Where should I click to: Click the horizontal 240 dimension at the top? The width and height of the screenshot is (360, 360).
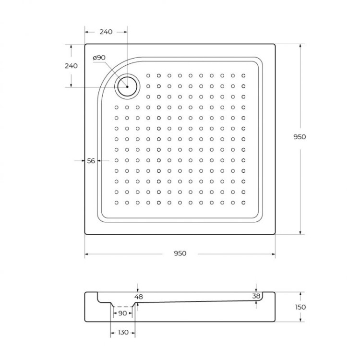[x=106, y=32]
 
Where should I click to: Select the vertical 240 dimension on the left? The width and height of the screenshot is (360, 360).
[x=71, y=66]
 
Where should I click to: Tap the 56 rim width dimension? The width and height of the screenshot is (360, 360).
[x=91, y=161]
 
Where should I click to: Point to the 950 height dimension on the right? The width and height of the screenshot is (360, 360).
[x=300, y=137]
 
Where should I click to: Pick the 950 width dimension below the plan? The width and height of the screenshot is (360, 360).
[x=180, y=253]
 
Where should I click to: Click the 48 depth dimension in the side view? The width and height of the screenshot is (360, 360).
[x=139, y=297]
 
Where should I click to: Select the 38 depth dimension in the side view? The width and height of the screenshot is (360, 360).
[x=257, y=296]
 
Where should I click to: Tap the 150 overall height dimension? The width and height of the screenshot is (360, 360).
[x=300, y=307]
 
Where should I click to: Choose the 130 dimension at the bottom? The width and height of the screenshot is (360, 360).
[x=123, y=332]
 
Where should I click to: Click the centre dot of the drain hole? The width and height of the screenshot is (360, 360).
[x=127, y=86]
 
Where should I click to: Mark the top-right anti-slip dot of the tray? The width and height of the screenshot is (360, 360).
[x=244, y=76]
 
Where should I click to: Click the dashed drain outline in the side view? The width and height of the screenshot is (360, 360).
[x=122, y=306]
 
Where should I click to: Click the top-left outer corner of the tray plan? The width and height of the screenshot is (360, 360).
[x=85, y=45]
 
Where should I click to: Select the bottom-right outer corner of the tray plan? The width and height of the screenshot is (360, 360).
[x=275, y=234]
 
